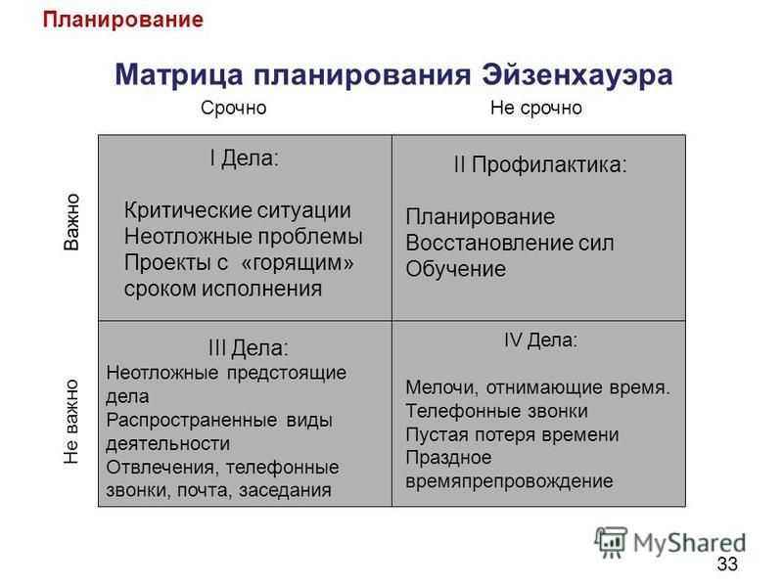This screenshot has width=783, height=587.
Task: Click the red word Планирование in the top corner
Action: (x=123, y=21)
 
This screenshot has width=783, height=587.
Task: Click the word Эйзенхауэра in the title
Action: (x=577, y=75)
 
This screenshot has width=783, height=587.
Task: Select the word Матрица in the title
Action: (x=179, y=76)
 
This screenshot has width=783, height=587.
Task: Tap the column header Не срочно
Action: (x=535, y=108)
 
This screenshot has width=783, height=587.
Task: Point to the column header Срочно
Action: (x=233, y=109)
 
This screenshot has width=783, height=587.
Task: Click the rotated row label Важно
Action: (x=71, y=222)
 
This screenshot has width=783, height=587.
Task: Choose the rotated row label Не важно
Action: (x=71, y=422)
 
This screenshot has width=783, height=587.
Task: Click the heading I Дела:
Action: (x=244, y=158)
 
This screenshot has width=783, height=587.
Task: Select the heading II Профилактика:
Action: (x=540, y=164)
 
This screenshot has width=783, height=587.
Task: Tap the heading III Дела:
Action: (x=249, y=348)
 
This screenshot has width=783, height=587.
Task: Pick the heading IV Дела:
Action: (x=540, y=340)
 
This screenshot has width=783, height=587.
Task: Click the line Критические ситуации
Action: (x=237, y=210)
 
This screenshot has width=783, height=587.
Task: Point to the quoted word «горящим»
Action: (x=298, y=263)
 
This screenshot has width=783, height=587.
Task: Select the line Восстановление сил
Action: (x=510, y=243)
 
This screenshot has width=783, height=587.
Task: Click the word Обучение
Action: (x=455, y=269)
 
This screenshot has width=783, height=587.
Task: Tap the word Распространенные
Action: (x=192, y=421)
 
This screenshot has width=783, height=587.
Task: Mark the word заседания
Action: (x=285, y=491)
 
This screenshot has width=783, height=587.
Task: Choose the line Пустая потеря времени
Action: (x=512, y=434)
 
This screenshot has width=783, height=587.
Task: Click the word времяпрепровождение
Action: (x=509, y=481)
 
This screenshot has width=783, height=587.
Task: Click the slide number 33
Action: (x=727, y=564)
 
